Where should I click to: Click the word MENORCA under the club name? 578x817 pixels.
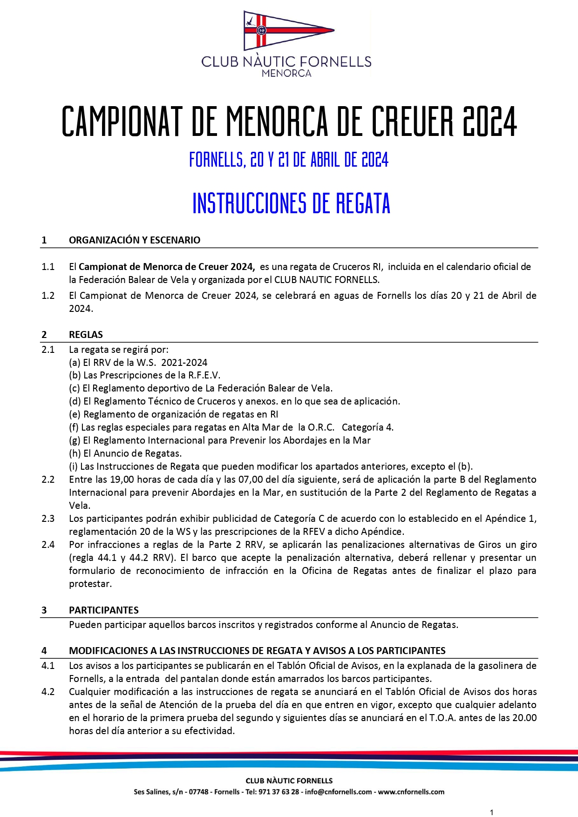click(286, 73)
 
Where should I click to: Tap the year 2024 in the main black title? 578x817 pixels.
click(490, 122)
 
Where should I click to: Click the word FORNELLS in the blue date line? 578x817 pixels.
click(217, 160)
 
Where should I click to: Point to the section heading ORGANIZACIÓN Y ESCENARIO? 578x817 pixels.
click(135, 240)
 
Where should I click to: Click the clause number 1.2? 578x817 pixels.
click(48, 296)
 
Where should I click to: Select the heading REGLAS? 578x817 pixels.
click(86, 335)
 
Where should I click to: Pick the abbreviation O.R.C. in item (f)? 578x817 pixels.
click(321, 427)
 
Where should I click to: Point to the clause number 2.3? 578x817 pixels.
click(48, 519)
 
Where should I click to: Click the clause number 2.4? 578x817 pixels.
click(48, 545)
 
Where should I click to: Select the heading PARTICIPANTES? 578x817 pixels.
click(104, 610)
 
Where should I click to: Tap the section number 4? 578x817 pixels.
click(44, 651)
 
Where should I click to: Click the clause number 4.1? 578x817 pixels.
click(48, 666)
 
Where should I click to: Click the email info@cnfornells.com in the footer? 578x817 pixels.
click(339, 792)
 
